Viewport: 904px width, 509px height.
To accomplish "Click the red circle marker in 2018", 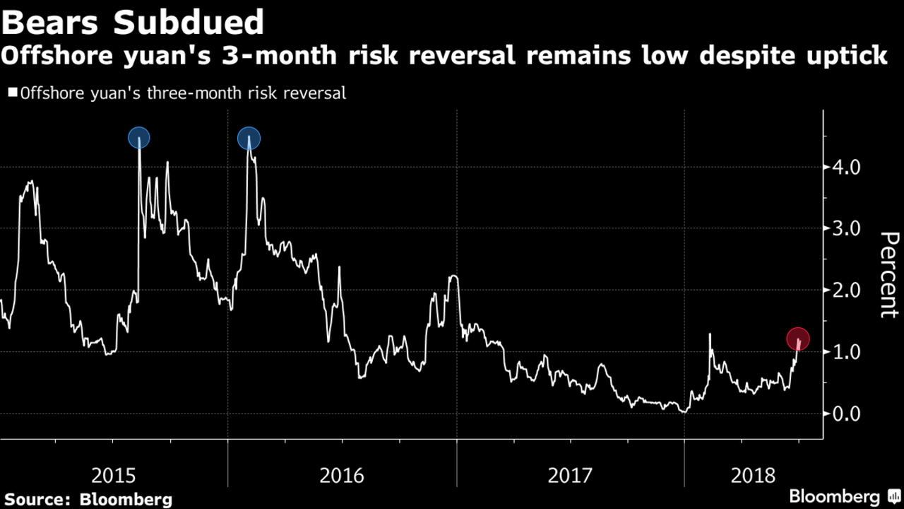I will [x=797, y=339].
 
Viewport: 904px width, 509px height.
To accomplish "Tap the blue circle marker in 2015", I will [x=139, y=137].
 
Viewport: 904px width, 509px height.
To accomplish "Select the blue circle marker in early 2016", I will [x=249, y=139].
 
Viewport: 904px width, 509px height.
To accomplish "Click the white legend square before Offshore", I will [x=12, y=93].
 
